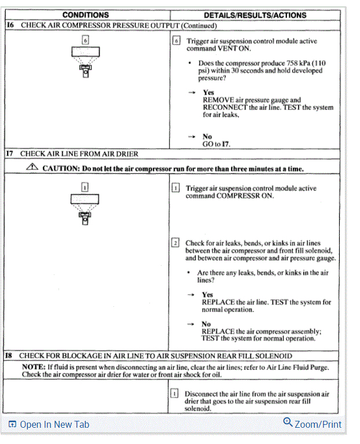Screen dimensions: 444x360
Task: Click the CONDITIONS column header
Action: point(86,14)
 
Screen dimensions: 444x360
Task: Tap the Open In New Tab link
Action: point(49,424)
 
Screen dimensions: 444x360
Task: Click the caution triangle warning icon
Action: point(33,167)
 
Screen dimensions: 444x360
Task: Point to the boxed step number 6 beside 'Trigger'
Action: point(177,41)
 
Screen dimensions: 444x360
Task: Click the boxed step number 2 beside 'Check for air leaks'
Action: point(175,243)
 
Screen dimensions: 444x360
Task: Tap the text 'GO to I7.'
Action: point(216,144)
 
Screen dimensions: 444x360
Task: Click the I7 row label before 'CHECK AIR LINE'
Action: point(9,154)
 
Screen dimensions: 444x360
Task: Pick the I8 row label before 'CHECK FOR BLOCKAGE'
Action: point(9,355)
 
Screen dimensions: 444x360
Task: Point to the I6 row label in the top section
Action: point(10,25)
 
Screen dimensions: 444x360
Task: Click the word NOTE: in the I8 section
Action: point(33,367)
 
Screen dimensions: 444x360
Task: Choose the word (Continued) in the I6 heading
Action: point(200,25)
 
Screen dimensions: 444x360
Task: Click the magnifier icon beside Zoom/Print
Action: point(288,423)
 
